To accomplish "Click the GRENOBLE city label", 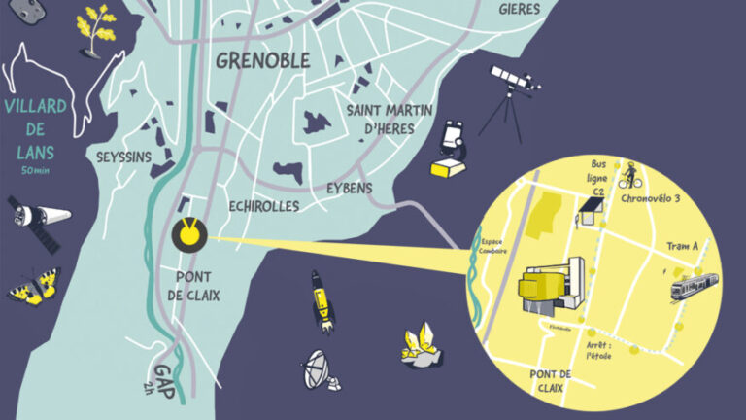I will (x=262, y=60).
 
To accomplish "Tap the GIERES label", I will (x=519, y=9).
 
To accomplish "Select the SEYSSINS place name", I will (x=122, y=157).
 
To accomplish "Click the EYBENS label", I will (x=350, y=188).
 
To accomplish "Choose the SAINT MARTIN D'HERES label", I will (x=388, y=118).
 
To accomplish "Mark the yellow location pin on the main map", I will (x=189, y=234).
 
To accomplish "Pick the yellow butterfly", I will (x=33, y=285).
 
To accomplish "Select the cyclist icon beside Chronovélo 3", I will (x=629, y=175).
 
